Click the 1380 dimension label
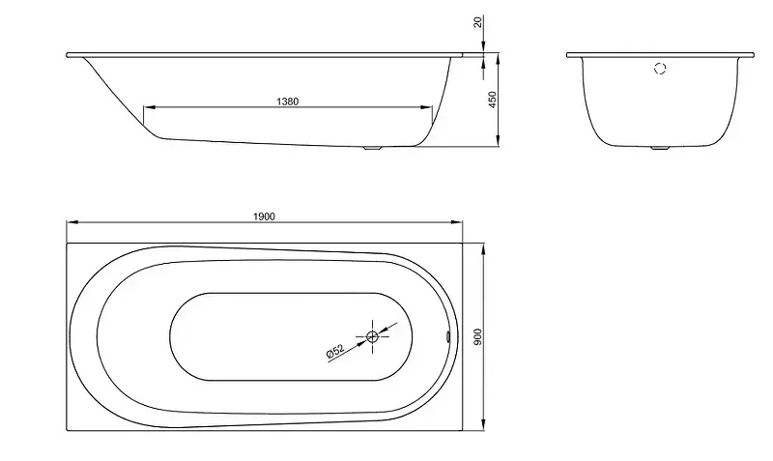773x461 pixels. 287,101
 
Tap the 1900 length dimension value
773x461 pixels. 264,216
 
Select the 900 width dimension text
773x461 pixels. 478,336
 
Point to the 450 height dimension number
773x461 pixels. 492,101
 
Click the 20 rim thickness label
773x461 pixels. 478,21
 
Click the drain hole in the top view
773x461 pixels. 372,336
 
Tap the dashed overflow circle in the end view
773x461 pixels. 660,69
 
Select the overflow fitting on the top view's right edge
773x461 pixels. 447,336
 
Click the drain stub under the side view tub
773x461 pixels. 372,148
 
